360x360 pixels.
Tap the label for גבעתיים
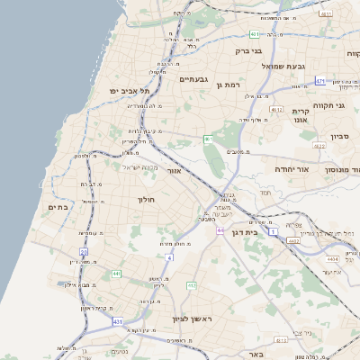(x=194, y=79)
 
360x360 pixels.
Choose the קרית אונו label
(x=301, y=115)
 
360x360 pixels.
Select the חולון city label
(x=147, y=199)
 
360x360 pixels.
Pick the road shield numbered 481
(x=255, y=34)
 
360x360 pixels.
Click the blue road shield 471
(x=320, y=81)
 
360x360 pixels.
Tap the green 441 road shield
(x=116, y=274)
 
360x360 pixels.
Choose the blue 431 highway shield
(x=117, y=321)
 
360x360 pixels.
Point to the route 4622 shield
(x=319, y=145)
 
